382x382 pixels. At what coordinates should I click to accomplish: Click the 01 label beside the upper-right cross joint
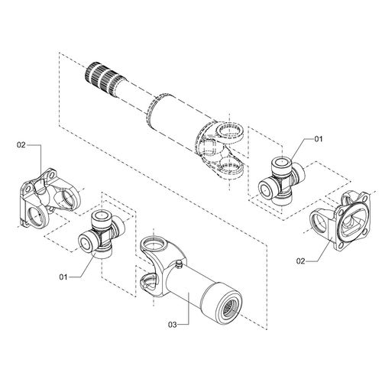(319, 139)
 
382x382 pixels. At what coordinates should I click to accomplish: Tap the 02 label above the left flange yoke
(22, 143)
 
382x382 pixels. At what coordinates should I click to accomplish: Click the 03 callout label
(173, 325)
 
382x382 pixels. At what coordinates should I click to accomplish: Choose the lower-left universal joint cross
(101, 231)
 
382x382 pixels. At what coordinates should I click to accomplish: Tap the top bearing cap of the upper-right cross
(280, 163)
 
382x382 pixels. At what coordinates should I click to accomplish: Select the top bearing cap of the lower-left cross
(101, 217)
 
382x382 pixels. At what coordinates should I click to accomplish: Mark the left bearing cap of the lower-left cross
(86, 241)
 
